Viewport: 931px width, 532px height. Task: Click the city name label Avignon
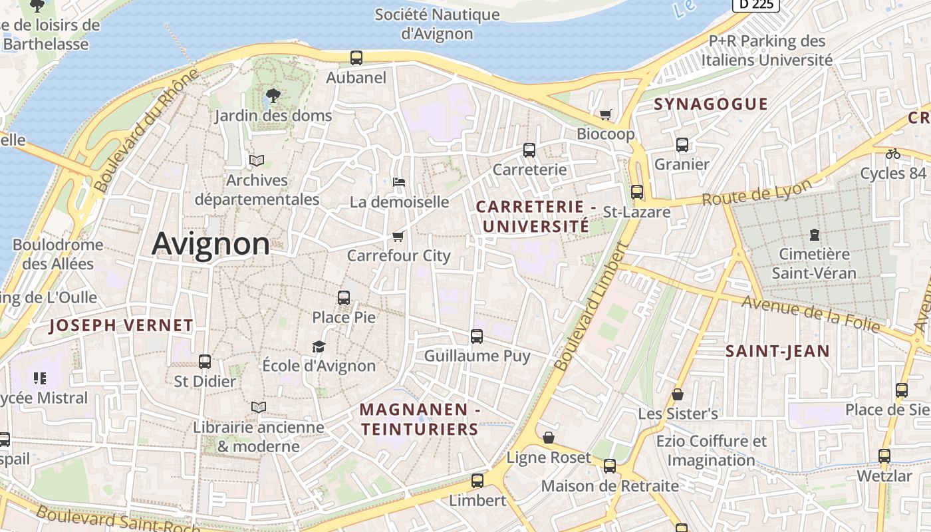pyautogui.click(x=211, y=244)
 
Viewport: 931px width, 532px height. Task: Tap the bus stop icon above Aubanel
pyautogui.click(x=356, y=58)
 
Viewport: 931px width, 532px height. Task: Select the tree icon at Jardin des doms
pyautogui.click(x=273, y=96)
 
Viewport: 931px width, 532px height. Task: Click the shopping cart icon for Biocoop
pyautogui.click(x=605, y=115)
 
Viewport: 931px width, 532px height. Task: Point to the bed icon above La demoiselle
pyautogui.click(x=399, y=182)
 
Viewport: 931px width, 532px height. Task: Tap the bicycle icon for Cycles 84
pyautogui.click(x=892, y=154)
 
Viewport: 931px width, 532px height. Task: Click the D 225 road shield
pyautogui.click(x=755, y=5)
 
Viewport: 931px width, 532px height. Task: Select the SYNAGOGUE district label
pyautogui.click(x=711, y=104)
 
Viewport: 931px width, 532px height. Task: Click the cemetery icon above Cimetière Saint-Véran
pyautogui.click(x=814, y=234)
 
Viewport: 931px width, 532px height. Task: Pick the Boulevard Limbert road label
pyautogui.click(x=591, y=307)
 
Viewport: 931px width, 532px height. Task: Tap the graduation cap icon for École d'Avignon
pyautogui.click(x=319, y=346)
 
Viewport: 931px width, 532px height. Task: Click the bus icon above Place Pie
pyautogui.click(x=344, y=298)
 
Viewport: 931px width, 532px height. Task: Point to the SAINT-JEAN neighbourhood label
pyautogui.click(x=777, y=351)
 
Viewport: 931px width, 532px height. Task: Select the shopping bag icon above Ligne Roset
pyautogui.click(x=549, y=438)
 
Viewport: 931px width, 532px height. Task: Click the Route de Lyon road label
pyautogui.click(x=757, y=193)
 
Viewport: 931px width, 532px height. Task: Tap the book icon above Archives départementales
pyautogui.click(x=257, y=160)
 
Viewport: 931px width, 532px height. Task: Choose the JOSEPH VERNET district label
pyautogui.click(x=121, y=326)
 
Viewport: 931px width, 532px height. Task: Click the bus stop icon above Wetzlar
pyautogui.click(x=884, y=456)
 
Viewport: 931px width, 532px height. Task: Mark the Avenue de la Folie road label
pyautogui.click(x=811, y=314)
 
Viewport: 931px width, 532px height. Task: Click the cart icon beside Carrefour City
pyautogui.click(x=398, y=236)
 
